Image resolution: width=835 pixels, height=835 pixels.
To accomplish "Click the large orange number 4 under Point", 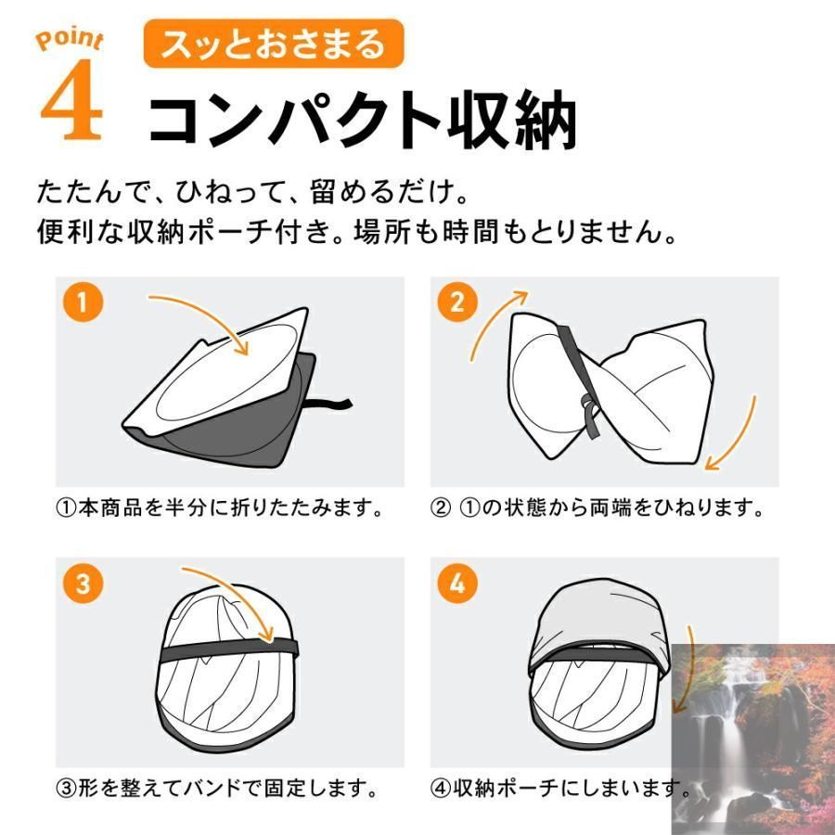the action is pos(72,99).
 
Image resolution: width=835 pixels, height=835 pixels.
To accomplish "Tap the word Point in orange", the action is pos(70,39).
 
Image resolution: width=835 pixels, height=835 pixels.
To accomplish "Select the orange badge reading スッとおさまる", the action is pos(274,44).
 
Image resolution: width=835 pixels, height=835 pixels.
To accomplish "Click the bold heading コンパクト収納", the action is pos(362,119).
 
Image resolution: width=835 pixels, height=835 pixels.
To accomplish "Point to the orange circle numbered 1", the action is pos(83,302).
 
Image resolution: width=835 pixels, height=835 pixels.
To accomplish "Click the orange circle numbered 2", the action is pos(456,302).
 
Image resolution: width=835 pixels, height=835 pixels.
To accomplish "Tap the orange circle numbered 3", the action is pos(83,584).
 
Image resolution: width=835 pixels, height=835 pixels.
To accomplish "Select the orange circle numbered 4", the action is pos(456,584).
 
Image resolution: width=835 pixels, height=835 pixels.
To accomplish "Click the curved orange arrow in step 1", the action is pos(209,315).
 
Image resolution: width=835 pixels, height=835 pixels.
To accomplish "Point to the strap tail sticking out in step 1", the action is pos(328,405).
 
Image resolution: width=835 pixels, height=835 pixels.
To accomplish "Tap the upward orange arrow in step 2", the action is pos(491,321).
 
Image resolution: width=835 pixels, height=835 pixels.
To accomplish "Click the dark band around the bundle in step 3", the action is pos(229,649).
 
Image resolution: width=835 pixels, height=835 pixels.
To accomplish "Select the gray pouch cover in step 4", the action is pos(597,623).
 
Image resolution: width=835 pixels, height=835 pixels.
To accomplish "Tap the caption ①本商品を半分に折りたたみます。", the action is pos(219,507).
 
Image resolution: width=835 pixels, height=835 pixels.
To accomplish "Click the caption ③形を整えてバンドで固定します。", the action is pos(217,788).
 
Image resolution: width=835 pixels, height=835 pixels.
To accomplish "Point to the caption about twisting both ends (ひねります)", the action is pos(597,507).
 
